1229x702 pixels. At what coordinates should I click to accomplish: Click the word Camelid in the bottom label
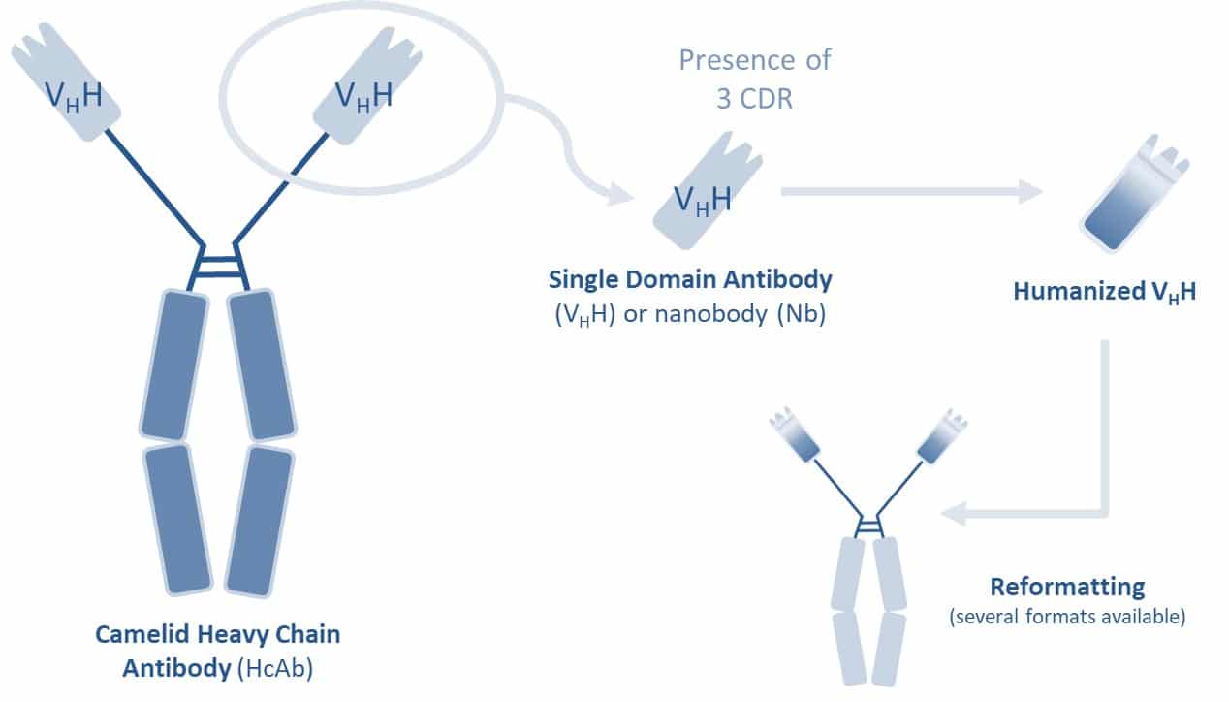(x=142, y=634)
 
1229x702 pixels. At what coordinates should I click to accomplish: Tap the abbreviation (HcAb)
(x=275, y=668)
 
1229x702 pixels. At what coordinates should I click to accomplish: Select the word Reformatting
(x=1067, y=588)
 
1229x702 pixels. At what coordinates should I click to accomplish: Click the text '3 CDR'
(x=754, y=99)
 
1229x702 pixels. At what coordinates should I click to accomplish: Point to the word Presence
(x=737, y=60)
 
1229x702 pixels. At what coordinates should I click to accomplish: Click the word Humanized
(x=1080, y=291)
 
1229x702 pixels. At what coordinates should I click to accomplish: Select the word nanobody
(x=712, y=313)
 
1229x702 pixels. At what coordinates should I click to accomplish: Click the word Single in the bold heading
(x=583, y=280)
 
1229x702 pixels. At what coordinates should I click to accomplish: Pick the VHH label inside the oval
(x=363, y=96)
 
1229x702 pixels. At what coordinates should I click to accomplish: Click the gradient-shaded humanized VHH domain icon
(x=1134, y=193)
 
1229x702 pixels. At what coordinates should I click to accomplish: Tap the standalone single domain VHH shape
(x=708, y=190)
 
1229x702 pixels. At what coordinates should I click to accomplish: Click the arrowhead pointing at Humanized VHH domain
(x=1030, y=192)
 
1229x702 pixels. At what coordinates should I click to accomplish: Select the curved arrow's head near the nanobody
(x=621, y=195)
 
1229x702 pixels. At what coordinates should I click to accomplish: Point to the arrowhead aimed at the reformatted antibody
(x=954, y=514)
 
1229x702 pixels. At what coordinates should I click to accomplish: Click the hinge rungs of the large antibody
(x=218, y=267)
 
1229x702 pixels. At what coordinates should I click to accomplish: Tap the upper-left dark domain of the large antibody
(x=174, y=365)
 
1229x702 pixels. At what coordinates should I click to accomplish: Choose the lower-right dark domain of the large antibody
(x=259, y=522)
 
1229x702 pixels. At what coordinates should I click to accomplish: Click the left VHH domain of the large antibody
(x=66, y=81)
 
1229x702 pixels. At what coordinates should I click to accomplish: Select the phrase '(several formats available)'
(x=1068, y=617)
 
